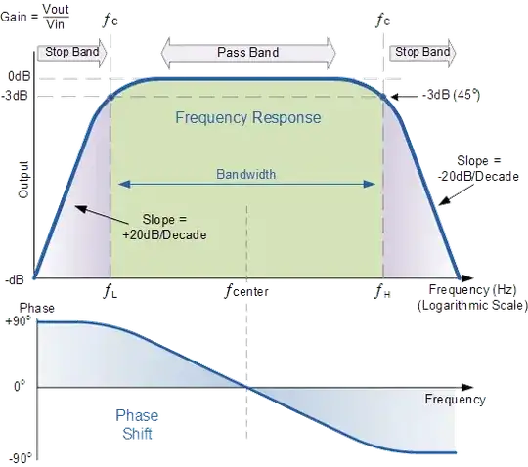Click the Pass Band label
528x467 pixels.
247,52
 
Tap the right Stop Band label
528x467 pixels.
422,51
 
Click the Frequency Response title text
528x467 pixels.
247,118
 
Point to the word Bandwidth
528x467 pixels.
246,174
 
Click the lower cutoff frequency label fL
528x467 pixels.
110,290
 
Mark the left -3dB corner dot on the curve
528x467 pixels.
110,95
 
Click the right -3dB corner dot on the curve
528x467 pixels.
380,95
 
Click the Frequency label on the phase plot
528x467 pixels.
455,400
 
